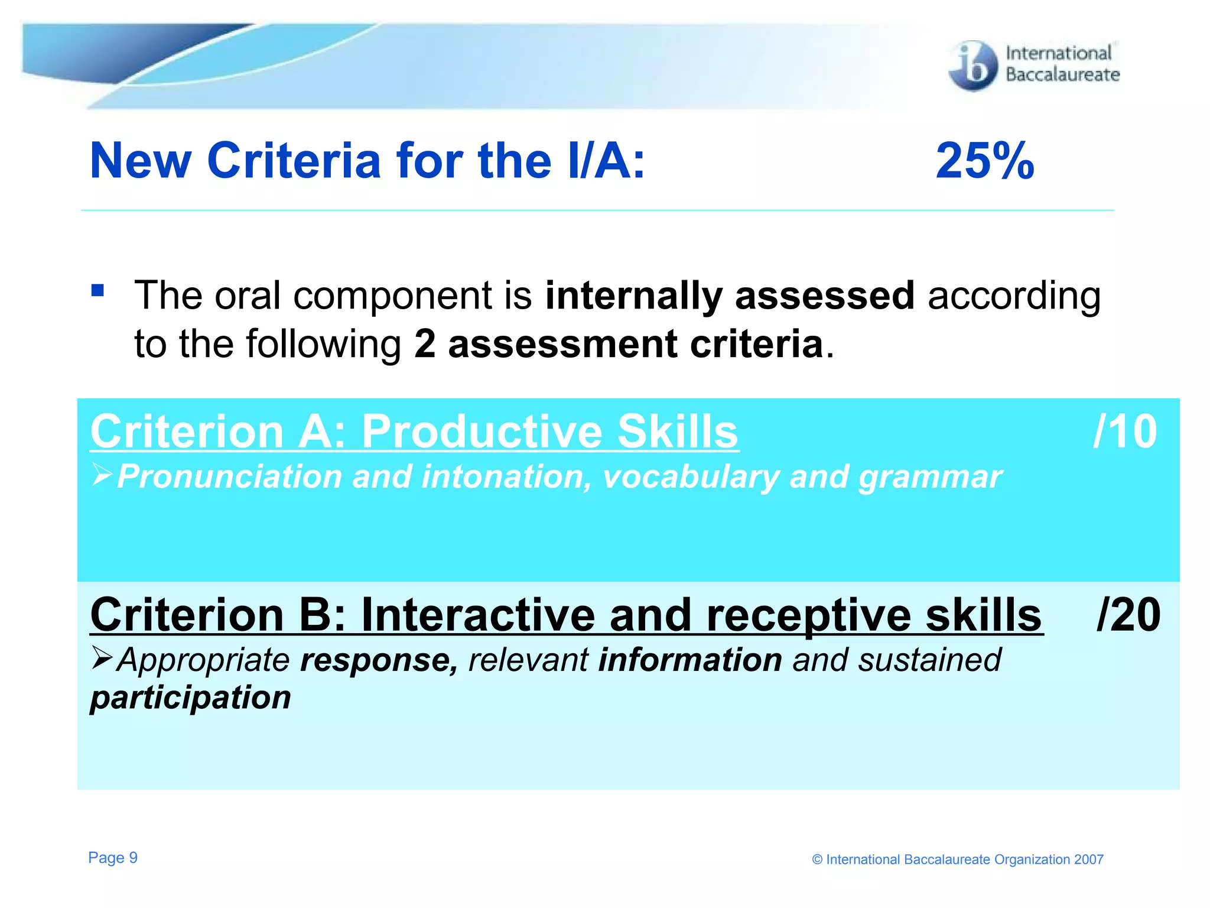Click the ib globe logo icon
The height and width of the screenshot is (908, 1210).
(972, 66)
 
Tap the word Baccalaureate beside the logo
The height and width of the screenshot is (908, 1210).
(1062, 75)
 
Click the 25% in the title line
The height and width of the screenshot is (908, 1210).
(985, 161)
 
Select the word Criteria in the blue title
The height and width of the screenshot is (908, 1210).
(294, 161)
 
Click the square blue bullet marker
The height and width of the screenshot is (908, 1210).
(97, 290)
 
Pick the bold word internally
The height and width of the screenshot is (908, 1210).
(633, 296)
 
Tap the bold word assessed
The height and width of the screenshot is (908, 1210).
(824, 296)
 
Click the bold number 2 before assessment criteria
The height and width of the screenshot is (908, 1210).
(424, 344)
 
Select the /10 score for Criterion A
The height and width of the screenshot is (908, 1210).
(1125, 432)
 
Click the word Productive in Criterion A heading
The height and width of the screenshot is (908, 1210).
(482, 432)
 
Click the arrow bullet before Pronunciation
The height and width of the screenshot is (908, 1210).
(102, 475)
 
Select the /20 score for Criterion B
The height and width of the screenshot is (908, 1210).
(1128, 615)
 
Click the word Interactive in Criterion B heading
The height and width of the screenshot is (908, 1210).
(477, 615)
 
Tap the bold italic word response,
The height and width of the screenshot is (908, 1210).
(379, 660)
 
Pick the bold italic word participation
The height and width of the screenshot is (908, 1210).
(190, 698)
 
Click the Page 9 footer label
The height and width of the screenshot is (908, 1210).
(113, 858)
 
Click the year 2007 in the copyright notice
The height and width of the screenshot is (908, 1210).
(1088, 860)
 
